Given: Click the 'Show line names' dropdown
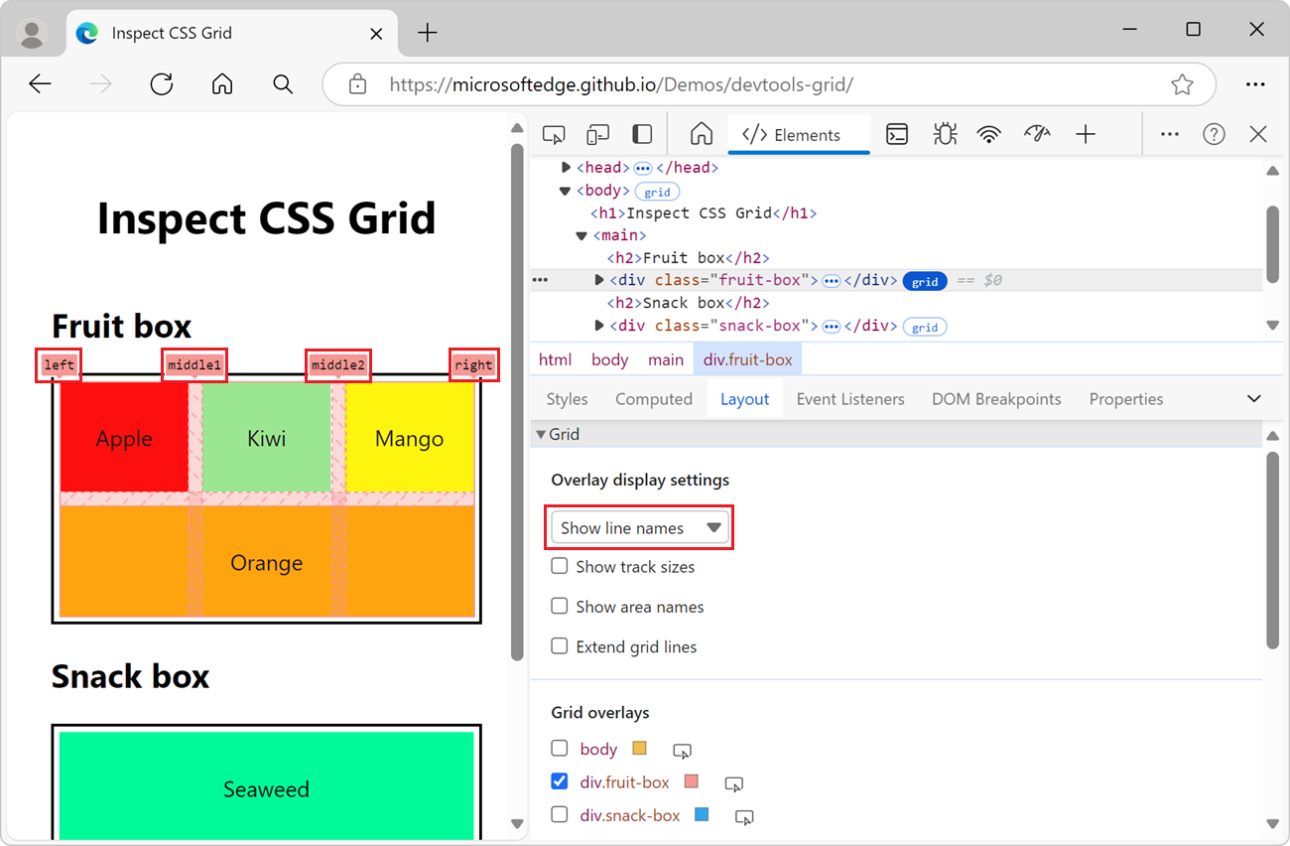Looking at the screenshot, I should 640,528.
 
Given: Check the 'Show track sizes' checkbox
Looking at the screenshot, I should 560,566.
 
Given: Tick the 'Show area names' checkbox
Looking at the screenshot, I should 560,606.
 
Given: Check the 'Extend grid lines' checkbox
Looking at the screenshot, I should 560,646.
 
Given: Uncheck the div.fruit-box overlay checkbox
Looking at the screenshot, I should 560,781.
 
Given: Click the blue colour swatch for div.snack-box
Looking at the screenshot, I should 702,815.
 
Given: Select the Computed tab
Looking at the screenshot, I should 653,399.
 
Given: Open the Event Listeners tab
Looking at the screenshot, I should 849,399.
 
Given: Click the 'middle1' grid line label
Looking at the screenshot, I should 194,365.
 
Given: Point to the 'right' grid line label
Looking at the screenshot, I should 473,365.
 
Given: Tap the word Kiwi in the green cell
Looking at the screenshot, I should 266,439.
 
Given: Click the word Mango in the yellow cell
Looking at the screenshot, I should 409,439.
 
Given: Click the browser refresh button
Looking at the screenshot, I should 162,84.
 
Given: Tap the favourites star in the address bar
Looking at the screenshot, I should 1181,84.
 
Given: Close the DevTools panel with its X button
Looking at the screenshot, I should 1258,134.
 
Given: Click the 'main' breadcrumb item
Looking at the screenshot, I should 665,359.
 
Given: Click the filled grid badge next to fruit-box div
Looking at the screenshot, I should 925,281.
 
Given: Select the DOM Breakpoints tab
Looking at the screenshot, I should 995,399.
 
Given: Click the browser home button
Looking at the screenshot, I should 222,84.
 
